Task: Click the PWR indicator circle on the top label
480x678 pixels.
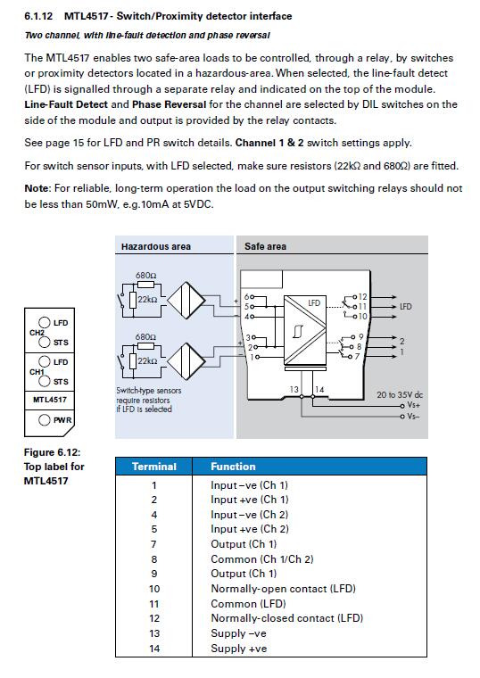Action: tap(44, 420)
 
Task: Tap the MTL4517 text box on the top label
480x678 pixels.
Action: tap(50, 400)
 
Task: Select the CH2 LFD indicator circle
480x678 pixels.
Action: tap(44, 322)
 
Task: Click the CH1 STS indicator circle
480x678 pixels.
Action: tap(44, 381)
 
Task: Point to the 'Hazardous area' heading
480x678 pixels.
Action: tap(156, 246)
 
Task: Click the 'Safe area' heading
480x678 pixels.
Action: tap(265, 246)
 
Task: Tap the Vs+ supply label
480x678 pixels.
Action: tap(414, 405)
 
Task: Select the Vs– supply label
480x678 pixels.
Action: tap(413, 417)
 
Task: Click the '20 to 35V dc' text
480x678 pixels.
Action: tap(400, 395)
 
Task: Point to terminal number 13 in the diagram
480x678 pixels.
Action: tap(294, 390)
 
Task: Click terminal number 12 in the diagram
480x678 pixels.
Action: tap(362, 296)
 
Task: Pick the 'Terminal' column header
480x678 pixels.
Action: tap(154, 467)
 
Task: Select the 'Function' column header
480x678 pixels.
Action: tap(233, 467)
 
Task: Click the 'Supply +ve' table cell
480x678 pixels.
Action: tap(239, 649)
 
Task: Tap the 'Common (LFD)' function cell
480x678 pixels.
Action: tap(248, 604)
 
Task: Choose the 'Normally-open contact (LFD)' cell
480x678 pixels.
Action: tap(283, 589)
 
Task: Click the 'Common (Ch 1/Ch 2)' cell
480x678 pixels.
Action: tap(262, 559)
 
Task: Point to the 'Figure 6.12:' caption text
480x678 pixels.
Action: tap(53, 452)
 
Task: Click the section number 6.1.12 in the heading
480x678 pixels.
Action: tap(38, 16)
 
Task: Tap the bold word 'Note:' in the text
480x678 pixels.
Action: tap(38, 188)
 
